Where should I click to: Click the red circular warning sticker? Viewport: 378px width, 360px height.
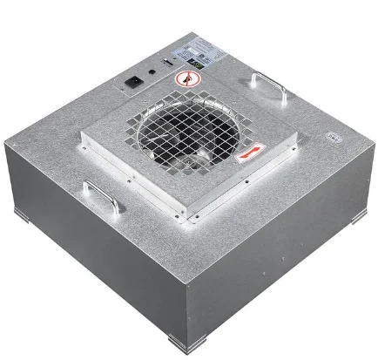184,80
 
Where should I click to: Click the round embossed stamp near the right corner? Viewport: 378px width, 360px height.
333,137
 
